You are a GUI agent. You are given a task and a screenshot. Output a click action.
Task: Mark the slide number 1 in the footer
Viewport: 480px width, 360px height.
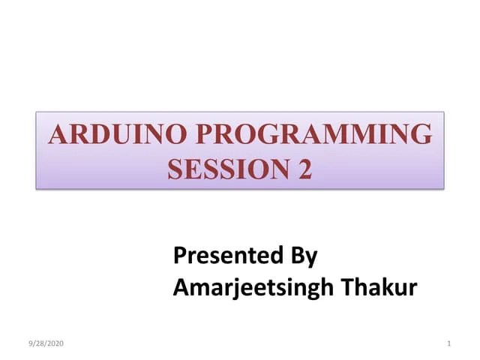pyautogui.click(x=448, y=343)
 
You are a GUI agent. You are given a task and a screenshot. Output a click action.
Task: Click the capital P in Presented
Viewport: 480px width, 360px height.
pyautogui.click(x=180, y=256)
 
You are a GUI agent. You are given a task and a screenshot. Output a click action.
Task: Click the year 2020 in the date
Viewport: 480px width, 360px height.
pyautogui.click(x=56, y=343)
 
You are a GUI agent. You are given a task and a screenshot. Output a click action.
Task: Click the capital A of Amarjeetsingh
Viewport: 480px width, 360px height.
pyautogui.click(x=181, y=286)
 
